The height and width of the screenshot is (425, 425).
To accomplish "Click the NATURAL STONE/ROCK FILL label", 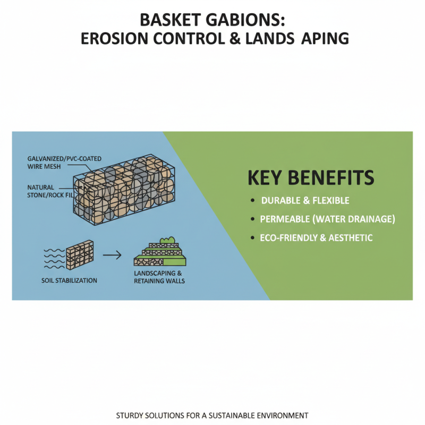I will point(48,191).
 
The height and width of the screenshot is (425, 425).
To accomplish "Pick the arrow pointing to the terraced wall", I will point(112,256).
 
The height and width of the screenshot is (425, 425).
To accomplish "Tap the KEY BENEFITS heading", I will point(311,177).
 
